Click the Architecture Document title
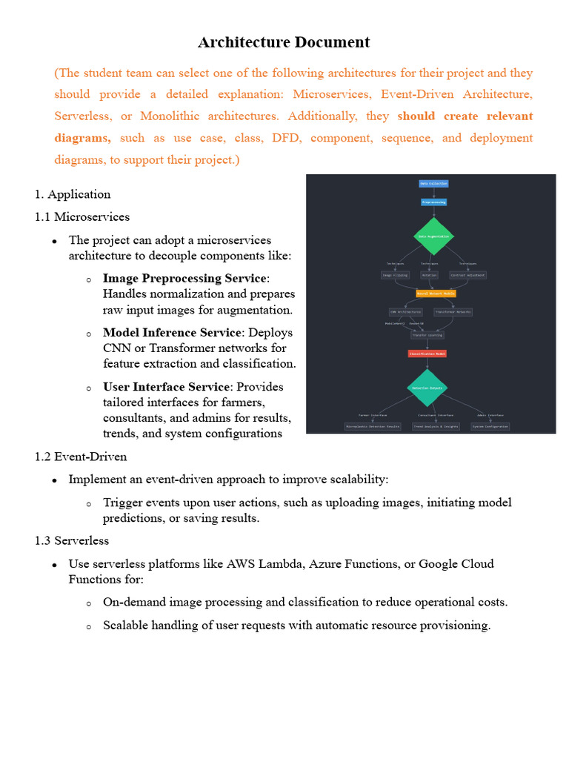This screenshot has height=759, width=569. (284, 42)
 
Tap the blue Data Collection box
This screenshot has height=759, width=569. (434, 183)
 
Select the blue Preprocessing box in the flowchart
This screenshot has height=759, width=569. (434, 202)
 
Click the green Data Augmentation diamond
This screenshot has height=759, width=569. (433, 236)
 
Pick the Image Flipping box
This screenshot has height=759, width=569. (395, 275)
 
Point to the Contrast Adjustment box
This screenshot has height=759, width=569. (468, 275)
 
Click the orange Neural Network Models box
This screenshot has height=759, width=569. (436, 294)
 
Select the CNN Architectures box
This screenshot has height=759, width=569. (405, 312)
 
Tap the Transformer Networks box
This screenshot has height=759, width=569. (453, 312)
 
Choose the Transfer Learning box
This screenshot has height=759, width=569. (427, 335)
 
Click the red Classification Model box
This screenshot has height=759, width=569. (427, 354)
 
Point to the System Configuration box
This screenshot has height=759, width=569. (490, 426)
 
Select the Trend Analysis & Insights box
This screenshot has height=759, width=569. (436, 426)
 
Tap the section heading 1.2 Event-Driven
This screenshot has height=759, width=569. (81, 457)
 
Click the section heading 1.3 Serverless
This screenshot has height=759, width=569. (72, 541)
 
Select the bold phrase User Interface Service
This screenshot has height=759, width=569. (167, 387)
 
